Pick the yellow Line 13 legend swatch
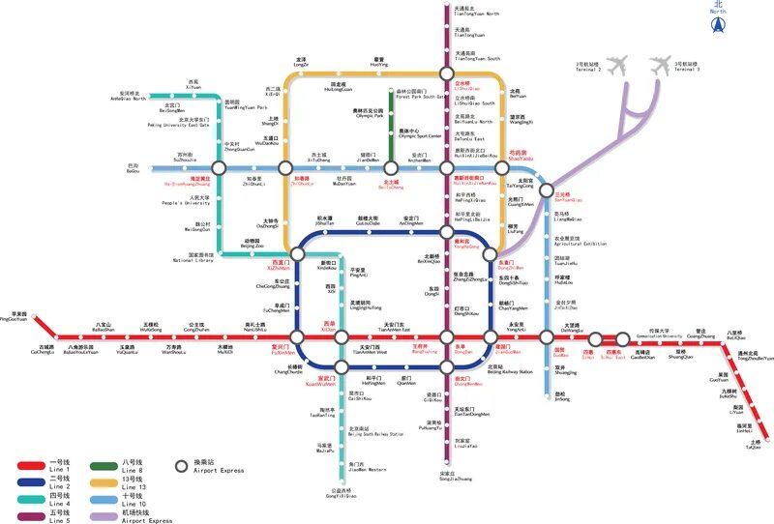tap(102, 480)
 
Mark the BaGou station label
tap(133, 169)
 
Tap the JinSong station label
tap(562, 396)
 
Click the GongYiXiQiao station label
tap(344, 493)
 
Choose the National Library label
tap(193, 258)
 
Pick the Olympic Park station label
tap(372, 115)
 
